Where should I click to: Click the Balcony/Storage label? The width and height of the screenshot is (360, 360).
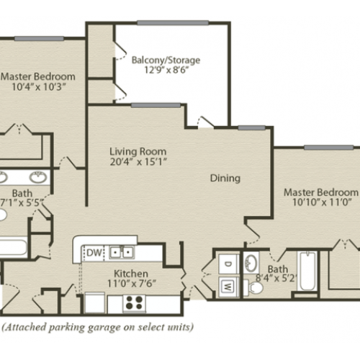(x=166, y=60)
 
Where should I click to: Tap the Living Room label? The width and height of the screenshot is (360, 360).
(x=138, y=151)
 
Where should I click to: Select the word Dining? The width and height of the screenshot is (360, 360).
(x=225, y=179)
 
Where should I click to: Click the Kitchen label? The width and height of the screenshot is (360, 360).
(x=131, y=274)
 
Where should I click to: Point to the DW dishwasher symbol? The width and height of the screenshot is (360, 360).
(x=94, y=253)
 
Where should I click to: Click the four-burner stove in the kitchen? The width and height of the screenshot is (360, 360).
(x=134, y=302)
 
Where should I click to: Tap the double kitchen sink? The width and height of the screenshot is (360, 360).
(x=122, y=252)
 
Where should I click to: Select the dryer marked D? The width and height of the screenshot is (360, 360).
(x=228, y=264)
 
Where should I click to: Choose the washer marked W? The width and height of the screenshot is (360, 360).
(x=228, y=287)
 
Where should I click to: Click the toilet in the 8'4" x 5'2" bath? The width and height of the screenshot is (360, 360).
(x=253, y=287)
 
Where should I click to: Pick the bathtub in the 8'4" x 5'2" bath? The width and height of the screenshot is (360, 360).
(x=307, y=271)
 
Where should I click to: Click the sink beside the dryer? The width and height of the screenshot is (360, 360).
(x=251, y=262)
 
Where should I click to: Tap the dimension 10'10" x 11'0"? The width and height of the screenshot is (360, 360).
(x=322, y=202)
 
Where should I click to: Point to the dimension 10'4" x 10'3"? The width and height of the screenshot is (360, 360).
(x=39, y=86)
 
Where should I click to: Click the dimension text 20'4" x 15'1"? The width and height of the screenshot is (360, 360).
(x=138, y=162)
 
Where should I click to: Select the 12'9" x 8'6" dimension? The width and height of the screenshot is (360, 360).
(x=166, y=70)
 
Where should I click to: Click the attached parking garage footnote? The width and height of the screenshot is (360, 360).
(x=98, y=327)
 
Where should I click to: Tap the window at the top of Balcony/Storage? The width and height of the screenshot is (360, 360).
(x=173, y=23)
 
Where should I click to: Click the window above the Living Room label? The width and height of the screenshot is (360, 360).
(x=156, y=105)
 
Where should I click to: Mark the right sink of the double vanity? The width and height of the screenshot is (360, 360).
(x=38, y=177)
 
